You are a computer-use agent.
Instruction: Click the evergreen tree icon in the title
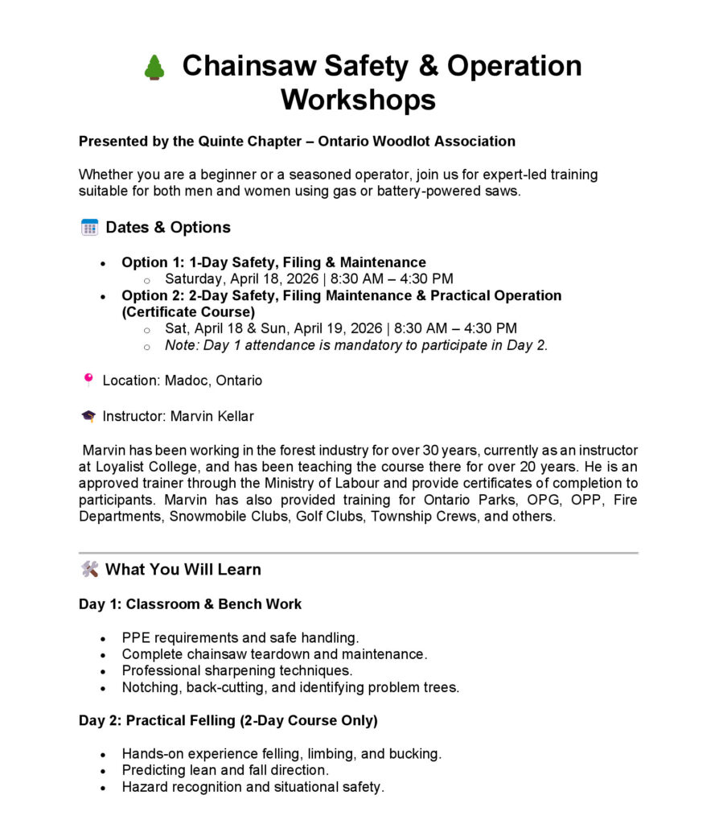pos(154,68)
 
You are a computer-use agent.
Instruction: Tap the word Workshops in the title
pos(358,100)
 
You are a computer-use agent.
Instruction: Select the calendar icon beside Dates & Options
pos(89,228)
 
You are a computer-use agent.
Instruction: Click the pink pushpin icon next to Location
pos(88,380)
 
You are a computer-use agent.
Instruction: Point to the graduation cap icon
pos(88,416)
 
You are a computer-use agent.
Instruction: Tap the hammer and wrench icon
pos(89,570)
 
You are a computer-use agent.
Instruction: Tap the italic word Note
pos(180,346)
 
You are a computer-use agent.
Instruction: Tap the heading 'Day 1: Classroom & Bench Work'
pos(190,604)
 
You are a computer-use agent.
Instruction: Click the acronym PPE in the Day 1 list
pos(136,637)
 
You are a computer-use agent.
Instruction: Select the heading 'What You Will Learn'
pos(183,570)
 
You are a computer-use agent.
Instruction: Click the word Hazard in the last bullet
pos(145,787)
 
